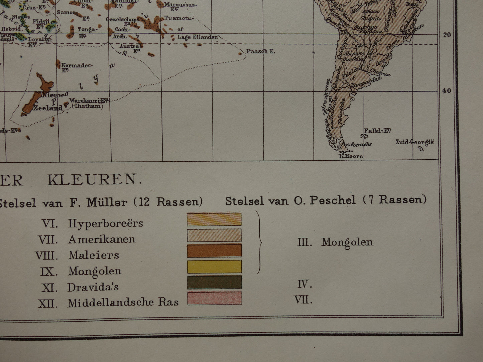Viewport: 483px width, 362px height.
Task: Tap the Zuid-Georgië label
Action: [x=414, y=142]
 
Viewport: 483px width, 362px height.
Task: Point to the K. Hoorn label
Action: [x=351, y=156]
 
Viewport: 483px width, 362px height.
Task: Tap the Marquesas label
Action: [x=180, y=5]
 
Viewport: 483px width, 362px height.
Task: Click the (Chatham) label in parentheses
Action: [x=88, y=107]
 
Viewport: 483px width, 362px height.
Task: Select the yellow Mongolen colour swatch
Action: [x=214, y=266]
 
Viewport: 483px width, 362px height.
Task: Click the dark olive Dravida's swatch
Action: [x=214, y=283]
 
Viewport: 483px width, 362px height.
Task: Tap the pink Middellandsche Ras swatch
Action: [x=214, y=298]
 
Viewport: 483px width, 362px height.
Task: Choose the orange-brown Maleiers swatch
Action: [x=214, y=251]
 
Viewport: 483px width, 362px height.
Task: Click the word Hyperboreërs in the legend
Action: [x=106, y=223]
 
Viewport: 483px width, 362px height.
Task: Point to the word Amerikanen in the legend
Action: [x=102, y=239]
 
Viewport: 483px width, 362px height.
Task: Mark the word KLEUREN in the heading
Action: [x=93, y=180]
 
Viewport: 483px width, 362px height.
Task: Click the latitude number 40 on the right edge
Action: [x=447, y=91]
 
